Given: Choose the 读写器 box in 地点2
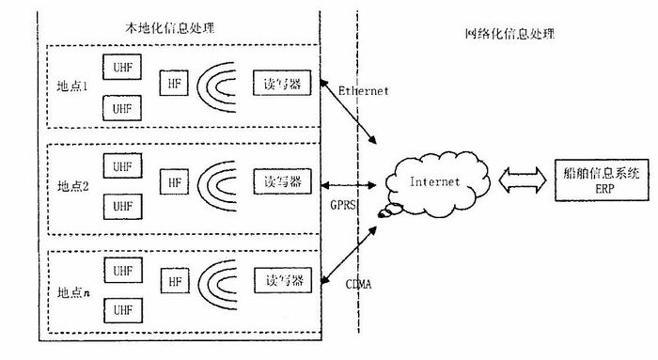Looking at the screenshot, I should pyautogui.click(x=278, y=180).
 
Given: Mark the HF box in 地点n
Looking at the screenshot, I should pyautogui.click(x=174, y=280).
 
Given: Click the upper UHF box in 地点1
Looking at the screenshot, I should pyautogui.click(x=122, y=69).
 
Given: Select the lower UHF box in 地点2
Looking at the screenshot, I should pyautogui.click(x=122, y=205).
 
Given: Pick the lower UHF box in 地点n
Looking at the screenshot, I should pyautogui.click(x=122, y=307).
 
